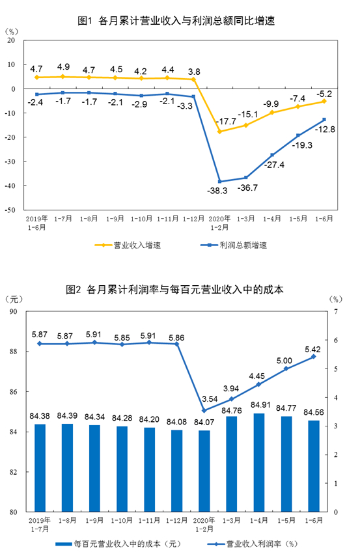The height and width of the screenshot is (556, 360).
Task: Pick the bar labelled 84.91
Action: pyautogui.click(x=259, y=462)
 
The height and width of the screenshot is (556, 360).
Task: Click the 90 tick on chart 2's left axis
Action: pyautogui.click(x=14, y=311)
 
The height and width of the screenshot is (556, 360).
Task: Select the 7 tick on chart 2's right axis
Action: pyautogui.click(x=336, y=311)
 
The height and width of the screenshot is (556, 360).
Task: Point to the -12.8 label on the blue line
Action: pyautogui.click(x=325, y=129)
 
